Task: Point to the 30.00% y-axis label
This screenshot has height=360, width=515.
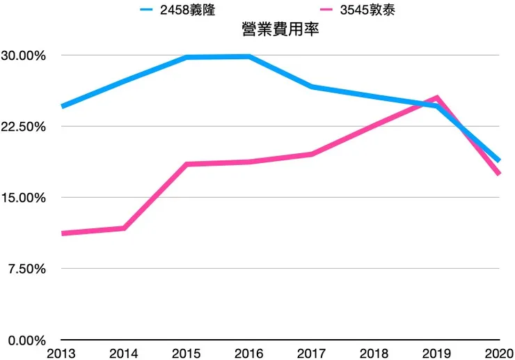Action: tap(23, 56)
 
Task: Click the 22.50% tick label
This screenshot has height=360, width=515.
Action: tap(23, 127)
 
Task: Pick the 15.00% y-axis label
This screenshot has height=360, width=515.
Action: tap(23, 198)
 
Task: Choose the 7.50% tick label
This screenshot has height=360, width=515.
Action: tap(26, 269)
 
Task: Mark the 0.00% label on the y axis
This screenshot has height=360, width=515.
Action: tap(26, 340)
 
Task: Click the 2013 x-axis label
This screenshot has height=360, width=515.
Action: tap(61, 353)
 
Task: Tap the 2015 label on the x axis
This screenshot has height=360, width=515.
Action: tap(187, 353)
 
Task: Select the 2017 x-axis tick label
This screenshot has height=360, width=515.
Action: tap(312, 353)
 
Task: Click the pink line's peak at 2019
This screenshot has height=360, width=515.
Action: tap(436, 97)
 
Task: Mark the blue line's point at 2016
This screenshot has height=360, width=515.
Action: tap(249, 56)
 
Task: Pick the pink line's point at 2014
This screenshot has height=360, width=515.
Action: tap(124, 228)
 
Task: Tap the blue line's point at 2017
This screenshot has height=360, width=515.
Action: tap(312, 87)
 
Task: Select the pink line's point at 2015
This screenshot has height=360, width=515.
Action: tap(187, 164)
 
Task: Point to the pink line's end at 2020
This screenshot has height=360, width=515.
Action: tap(499, 173)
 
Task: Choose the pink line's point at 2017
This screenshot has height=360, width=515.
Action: tap(312, 154)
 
